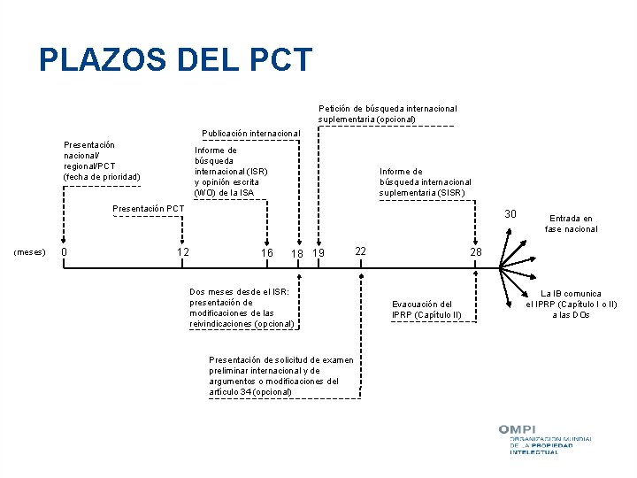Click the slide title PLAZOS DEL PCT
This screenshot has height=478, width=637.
coord(175,60)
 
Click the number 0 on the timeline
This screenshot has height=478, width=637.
coord(64,252)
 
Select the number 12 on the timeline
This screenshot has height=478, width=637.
coord(183,252)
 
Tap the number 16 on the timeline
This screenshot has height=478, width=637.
coord(266,253)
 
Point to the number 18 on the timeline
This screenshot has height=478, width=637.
coord(298,254)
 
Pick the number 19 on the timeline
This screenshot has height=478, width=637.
coord(319,253)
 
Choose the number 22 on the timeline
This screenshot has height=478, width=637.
coord(360,251)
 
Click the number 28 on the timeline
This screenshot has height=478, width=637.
coord(475,253)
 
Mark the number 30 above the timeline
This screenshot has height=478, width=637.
coord(510,214)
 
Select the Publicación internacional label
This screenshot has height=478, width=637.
coord(251,134)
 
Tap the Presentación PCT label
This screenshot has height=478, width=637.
coord(149,209)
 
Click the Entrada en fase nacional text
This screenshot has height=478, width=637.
coord(571,223)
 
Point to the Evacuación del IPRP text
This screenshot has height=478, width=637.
coord(426,310)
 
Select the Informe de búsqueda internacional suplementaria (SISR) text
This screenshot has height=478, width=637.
coord(426,181)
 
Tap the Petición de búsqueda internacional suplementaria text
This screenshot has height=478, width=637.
coord(388,113)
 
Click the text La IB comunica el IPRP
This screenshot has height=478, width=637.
coord(571,304)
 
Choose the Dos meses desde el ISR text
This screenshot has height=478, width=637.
coord(242,307)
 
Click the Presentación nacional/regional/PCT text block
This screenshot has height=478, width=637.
coord(101,160)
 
